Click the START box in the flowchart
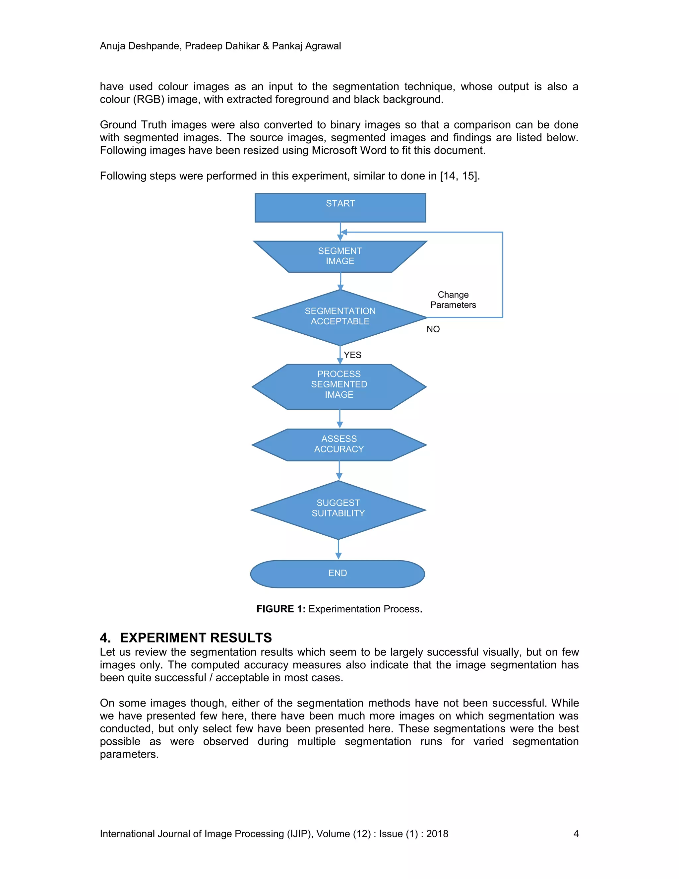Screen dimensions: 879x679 [340, 208]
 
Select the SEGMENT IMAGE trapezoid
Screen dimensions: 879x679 [340, 256]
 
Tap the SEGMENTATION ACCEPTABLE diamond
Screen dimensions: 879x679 [340, 317]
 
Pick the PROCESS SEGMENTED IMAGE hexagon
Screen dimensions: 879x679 [339, 386]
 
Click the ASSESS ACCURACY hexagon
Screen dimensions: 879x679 [339, 444]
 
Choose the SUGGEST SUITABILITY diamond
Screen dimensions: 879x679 [338, 509]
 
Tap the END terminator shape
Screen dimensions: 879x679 [338, 574]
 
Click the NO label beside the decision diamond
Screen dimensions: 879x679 [433, 329]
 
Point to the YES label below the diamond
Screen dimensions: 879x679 [352, 355]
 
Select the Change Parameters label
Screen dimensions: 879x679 [453, 300]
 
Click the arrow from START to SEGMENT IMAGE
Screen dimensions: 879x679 [340, 232]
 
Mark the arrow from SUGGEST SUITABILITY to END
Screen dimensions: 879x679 [338, 549]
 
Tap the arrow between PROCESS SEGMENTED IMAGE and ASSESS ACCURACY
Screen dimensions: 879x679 [339, 419]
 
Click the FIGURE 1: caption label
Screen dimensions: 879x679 [281, 609]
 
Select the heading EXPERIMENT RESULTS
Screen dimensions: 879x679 [196, 638]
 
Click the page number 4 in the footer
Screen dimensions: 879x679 [576, 834]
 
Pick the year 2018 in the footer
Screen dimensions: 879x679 [437, 834]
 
